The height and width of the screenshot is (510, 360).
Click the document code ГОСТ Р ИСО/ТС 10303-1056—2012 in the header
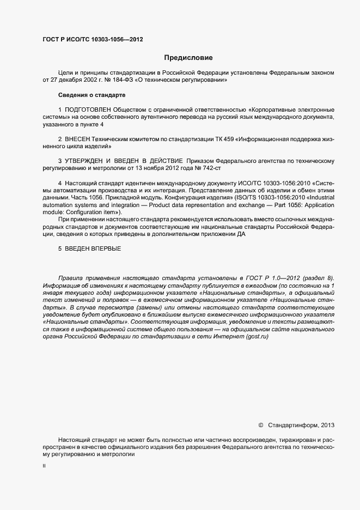pyautogui.click(x=93, y=39)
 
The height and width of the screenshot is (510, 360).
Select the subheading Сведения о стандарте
pyautogui.click(x=88, y=95)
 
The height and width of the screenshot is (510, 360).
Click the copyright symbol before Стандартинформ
pyautogui.click(x=260, y=425)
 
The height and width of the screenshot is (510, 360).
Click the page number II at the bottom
pyautogui.click(x=44, y=466)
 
